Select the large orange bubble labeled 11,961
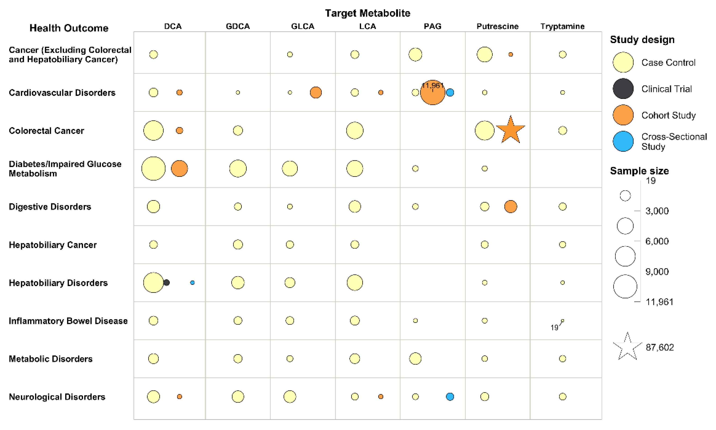[432, 93]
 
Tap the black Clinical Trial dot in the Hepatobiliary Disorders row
[166, 282]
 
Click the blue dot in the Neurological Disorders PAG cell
[450, 397]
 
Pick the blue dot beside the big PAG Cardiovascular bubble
[450, 92]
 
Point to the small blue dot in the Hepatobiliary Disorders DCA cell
[192, 282]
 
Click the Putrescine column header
[497, 26]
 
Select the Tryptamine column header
[562, 26]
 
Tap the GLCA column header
[303, 26]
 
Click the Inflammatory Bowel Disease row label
[68, 321]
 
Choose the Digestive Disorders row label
[50, 207]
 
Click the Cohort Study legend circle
[623, 115]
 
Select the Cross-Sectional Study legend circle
[623, 141]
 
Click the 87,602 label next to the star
[660, 347]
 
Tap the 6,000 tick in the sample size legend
[657, 241]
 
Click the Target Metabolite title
[367, 13]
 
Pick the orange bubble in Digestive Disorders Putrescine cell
[510, 207]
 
